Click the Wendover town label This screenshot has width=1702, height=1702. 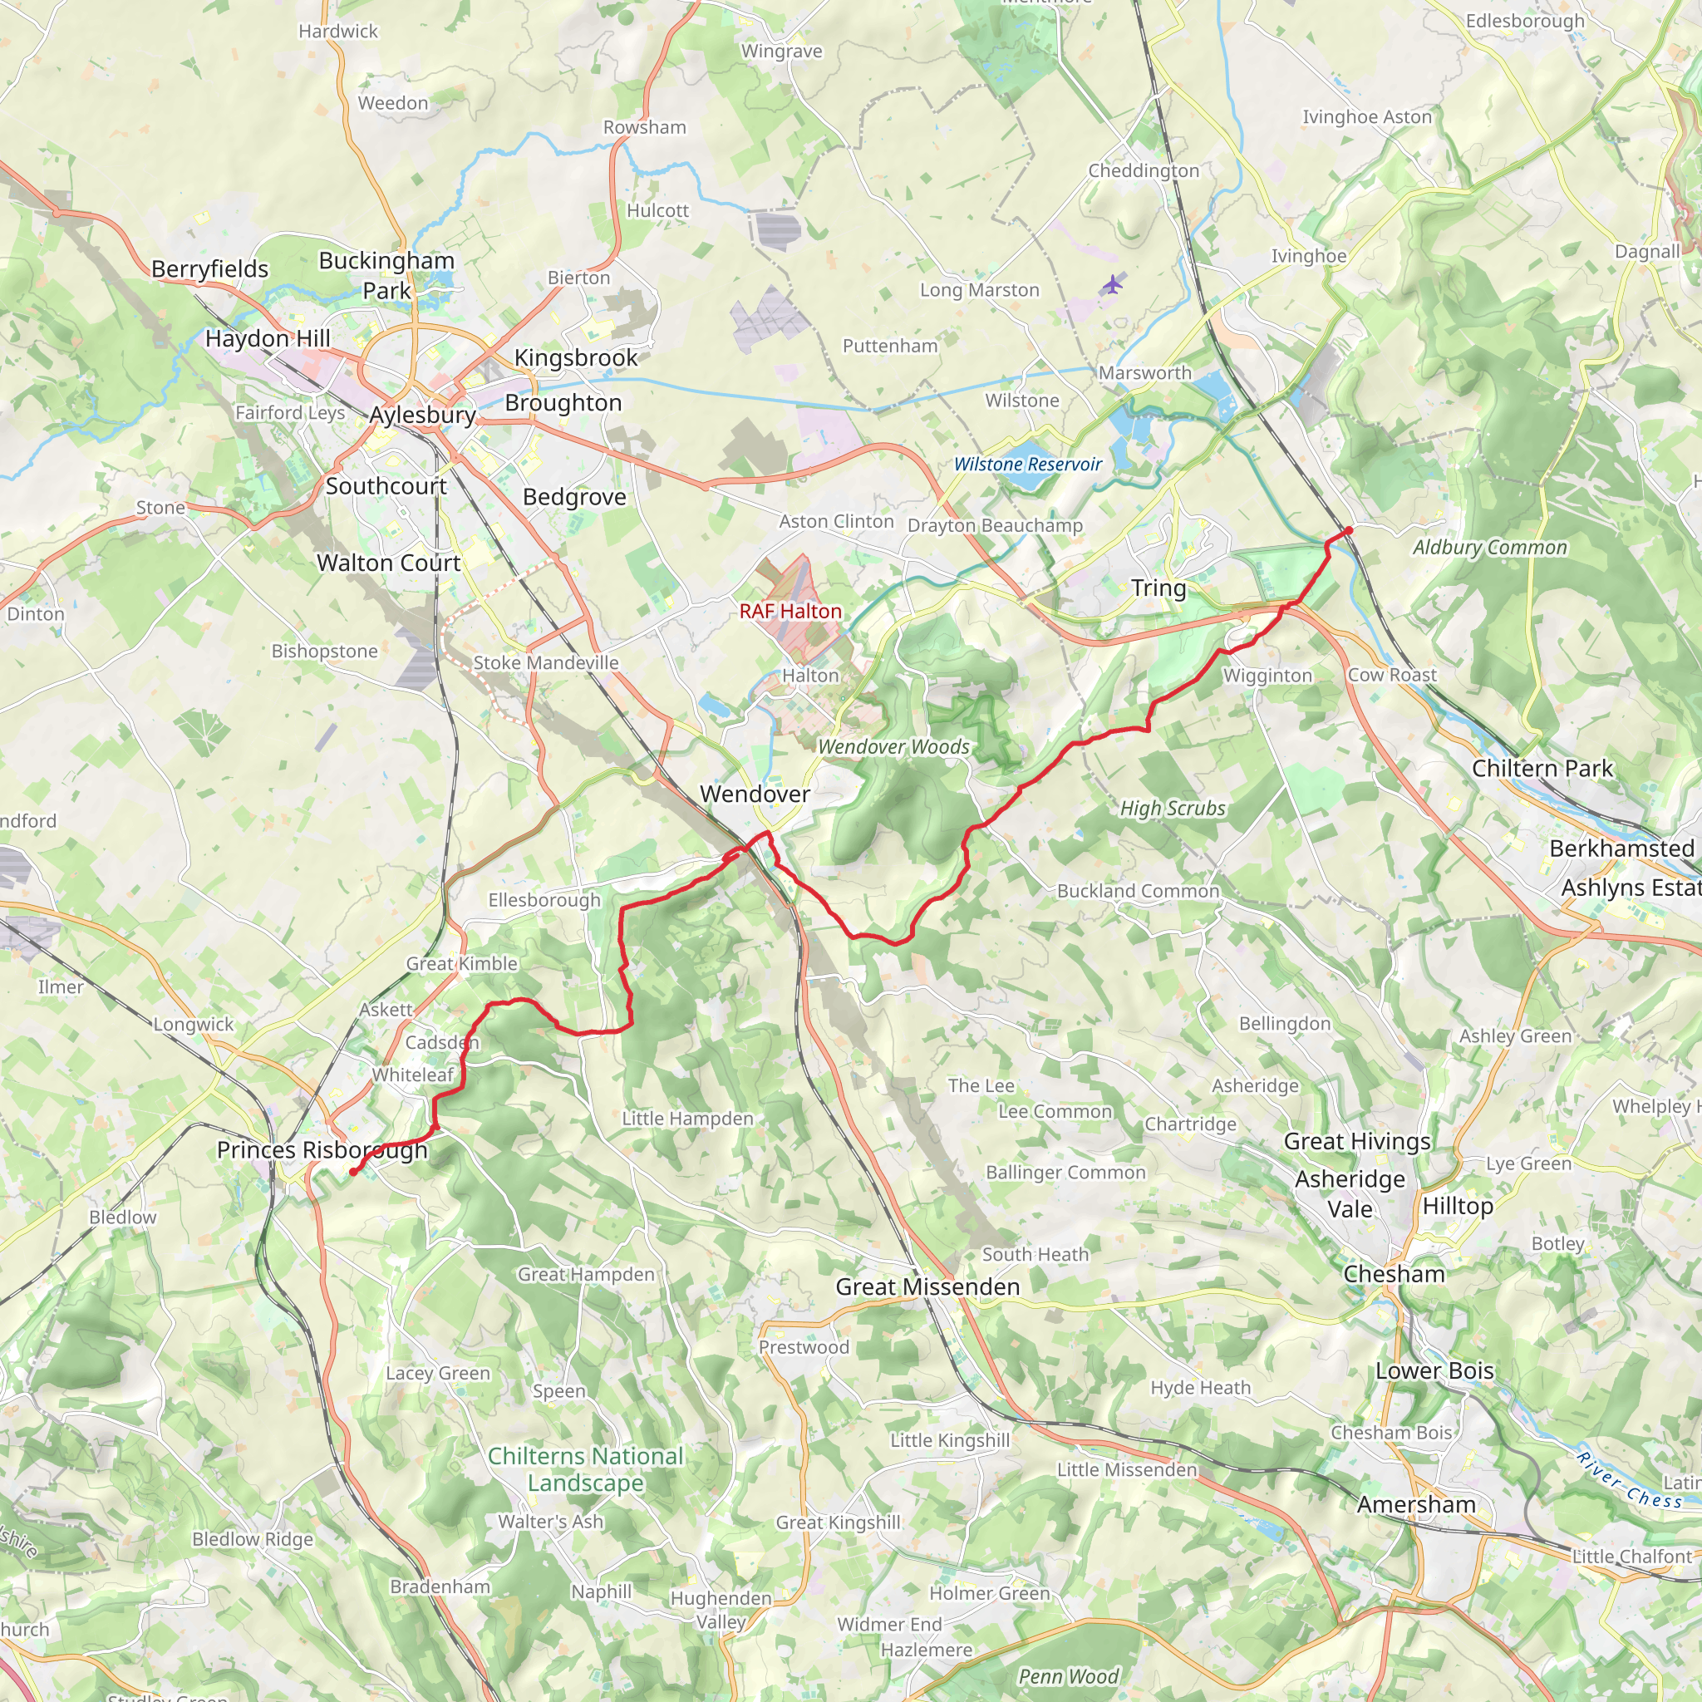click(755, 794)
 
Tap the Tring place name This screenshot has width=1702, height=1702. click(1158, 588)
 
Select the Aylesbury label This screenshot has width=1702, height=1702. click(422, 414)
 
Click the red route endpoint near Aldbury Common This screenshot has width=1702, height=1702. click(1348, 530)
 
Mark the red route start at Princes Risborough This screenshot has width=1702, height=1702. click(353, 1172)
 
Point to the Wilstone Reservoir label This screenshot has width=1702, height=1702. click(1027, 465)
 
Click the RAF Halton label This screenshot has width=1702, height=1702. click(790, 611)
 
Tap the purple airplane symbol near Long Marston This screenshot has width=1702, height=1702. click(1114, 284)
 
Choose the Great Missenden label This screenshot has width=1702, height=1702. click(927, 1287)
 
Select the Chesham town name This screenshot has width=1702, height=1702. click(1394, 1274)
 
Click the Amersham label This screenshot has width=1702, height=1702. click(1415, 1505)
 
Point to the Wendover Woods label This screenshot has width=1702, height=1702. click(893, 747)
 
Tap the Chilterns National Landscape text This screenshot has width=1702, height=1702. click(586, 1469)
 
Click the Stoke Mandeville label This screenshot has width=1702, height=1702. click(545, 662)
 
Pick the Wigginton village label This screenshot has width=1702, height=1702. click(1267, 676)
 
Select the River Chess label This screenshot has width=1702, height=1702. click(1629, 1482)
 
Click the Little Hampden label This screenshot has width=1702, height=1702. click(687, 1118)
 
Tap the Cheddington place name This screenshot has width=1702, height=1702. click(1144, 171)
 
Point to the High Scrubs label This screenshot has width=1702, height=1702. click(1173, 808)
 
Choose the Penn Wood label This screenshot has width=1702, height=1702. click(1068, 1676)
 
